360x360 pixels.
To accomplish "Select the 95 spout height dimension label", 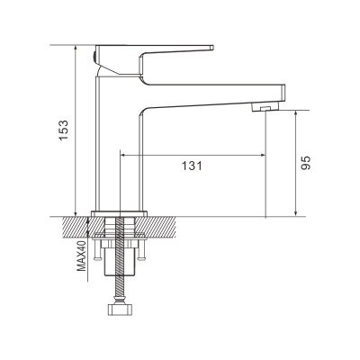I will pyautogui.click(x=305, y=164).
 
